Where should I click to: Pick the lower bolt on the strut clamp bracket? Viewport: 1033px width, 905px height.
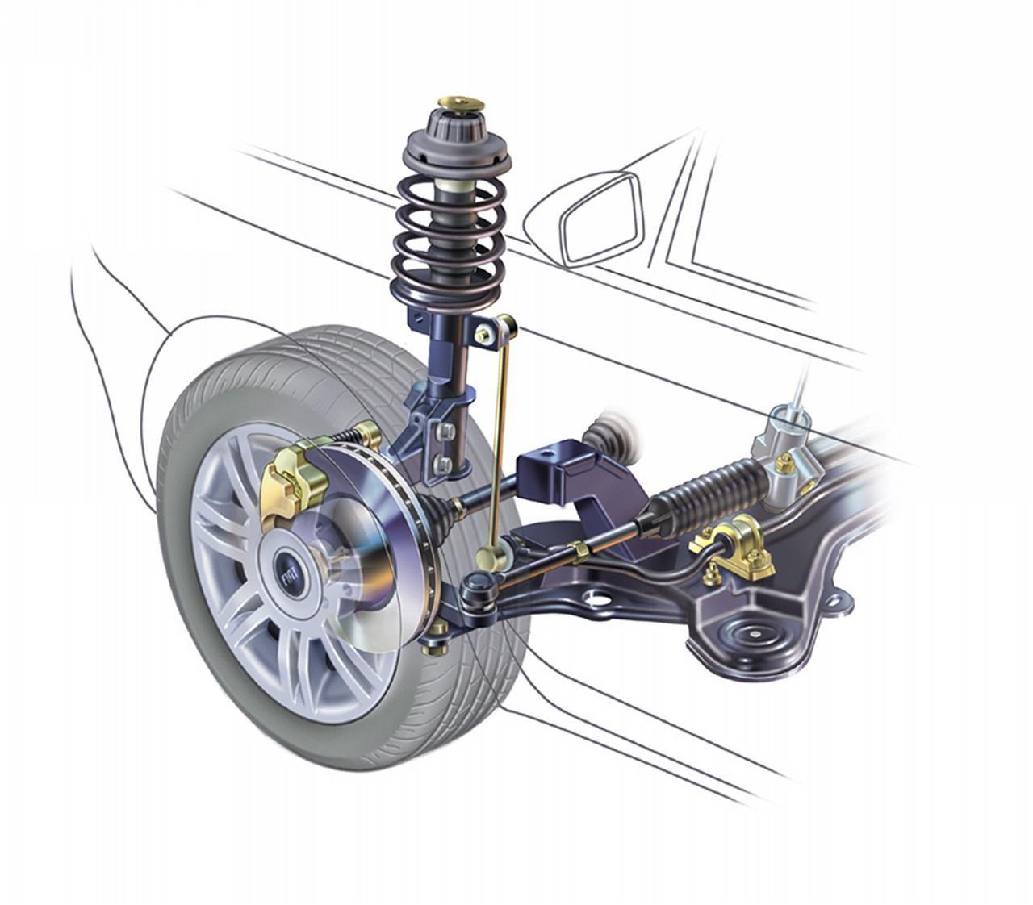tap(444, 463)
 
